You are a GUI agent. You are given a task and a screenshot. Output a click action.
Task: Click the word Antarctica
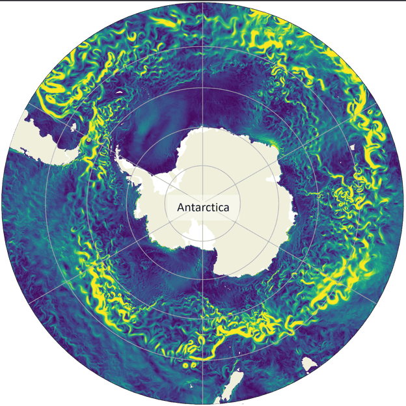[x=204, y=208]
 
